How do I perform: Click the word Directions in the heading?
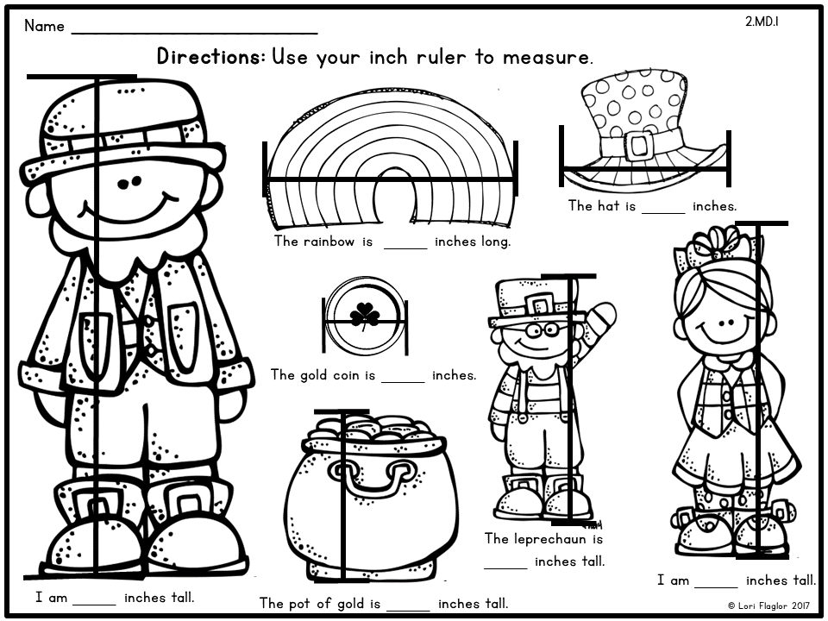point(210,58)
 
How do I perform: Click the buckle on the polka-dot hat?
point(639,145)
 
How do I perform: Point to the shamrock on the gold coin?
point(365,316)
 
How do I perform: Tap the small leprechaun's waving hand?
point(603,317)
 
